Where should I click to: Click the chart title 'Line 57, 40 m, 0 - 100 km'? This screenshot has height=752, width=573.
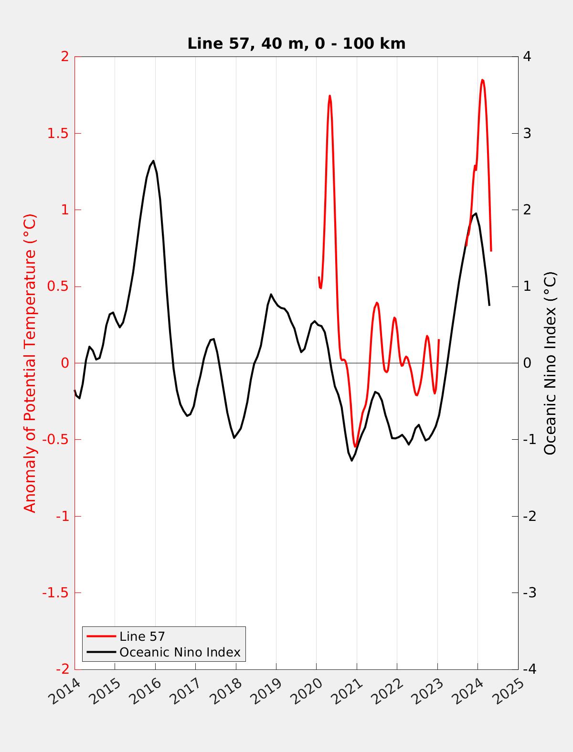coord(296,43)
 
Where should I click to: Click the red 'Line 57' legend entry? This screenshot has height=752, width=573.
coord(142,636)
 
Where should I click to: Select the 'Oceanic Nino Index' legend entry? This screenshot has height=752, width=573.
coord(180,652)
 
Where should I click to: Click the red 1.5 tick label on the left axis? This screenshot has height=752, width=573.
coord(57,133)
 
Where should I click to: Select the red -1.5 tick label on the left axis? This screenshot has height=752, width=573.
coord(55,593)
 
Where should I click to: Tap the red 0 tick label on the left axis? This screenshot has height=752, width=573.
coord(65,363)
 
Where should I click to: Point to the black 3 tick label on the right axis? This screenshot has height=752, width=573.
coord(527,133)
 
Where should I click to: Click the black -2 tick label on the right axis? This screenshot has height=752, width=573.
coord(529,517)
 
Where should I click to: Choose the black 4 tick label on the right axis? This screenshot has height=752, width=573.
coord(527,56)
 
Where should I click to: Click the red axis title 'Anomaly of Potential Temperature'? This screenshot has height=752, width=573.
coord(30,363)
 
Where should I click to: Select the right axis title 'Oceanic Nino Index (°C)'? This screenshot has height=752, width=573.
coord(550,363)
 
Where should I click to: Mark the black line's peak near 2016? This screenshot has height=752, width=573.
coord(153,161)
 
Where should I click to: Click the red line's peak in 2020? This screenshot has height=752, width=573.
coord(329,96)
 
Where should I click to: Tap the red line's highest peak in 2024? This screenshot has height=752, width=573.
coord(482,80)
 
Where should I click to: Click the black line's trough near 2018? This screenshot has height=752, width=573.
coord(234,438)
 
